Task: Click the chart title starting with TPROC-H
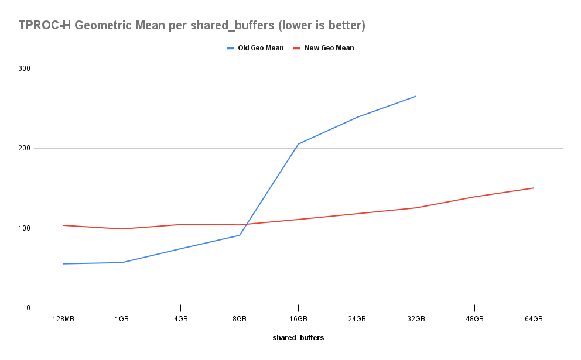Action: (192, 26)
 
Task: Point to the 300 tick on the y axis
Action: (24, 68)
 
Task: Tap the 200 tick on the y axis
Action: (24, 148)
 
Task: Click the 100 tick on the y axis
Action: (24, 228)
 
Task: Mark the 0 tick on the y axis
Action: (28, 308)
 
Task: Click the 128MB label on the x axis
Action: (63, 319)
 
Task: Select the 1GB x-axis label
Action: (122, 319)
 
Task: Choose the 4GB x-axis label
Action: (180, 319)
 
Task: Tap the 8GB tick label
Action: (240, 319)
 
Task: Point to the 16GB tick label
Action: (298, 319)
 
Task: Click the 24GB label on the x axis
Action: (357, 319)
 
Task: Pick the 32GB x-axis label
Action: (416, 319)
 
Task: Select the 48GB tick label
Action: (474, 319)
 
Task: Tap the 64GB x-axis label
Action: (533, 319)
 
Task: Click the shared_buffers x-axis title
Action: (298, 338)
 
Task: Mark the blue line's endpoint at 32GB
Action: (416, 96)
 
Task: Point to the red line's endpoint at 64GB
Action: (533, 188)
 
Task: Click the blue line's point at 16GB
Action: (298, 144)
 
